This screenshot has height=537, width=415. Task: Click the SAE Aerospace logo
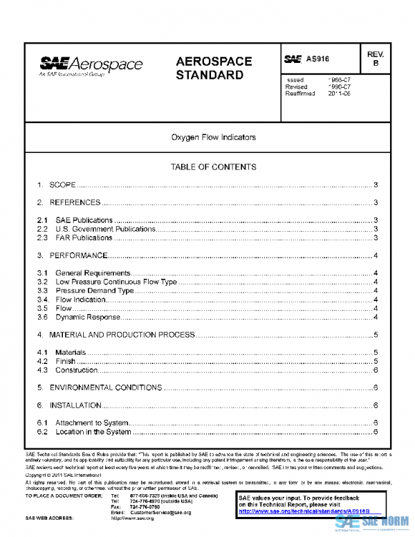91,66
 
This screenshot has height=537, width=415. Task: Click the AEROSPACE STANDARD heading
214,68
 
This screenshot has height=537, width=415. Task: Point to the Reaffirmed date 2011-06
340,93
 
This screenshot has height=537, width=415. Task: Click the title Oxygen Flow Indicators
214,138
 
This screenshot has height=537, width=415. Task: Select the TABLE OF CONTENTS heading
214,167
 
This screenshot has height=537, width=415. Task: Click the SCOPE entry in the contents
62,185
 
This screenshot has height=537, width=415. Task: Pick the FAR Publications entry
84,238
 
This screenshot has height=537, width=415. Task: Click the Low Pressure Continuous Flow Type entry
116,282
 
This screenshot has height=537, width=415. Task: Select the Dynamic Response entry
88,318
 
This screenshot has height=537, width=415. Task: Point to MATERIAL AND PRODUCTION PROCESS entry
122,335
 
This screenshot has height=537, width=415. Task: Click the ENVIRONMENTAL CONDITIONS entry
105,388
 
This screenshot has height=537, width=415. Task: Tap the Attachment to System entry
91,423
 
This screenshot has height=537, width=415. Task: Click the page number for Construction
374,370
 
